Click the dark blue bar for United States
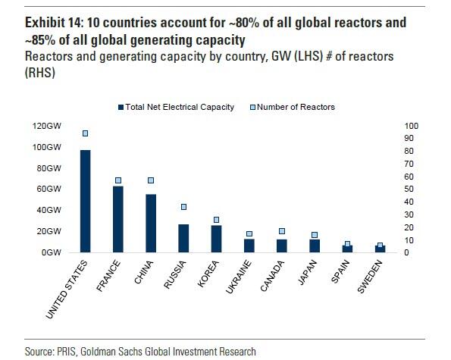(86, 201)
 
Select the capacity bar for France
(118, 219)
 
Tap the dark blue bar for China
(151, 223)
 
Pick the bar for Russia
(183, 238)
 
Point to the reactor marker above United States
(86, 133)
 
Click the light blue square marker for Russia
(183, 207)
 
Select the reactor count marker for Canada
(282, 231)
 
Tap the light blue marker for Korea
(216, 220)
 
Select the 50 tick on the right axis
(410, 189)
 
